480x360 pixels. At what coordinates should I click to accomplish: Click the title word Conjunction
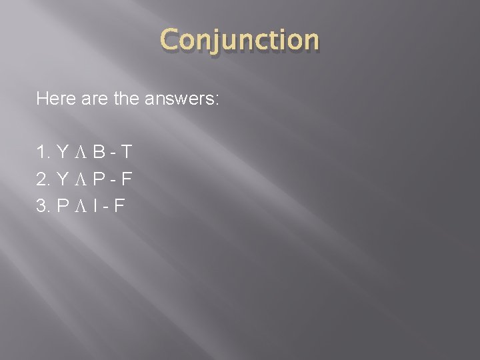[x=240, y=41]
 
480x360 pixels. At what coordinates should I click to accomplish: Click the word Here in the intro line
[x=54, y=100]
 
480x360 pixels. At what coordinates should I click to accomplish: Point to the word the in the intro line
[x=124, y=100]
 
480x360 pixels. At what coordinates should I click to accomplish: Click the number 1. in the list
[x=43, y=154]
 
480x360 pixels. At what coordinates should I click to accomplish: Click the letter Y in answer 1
[x=63, y=154]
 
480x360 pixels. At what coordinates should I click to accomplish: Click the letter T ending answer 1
[x=126, y=154]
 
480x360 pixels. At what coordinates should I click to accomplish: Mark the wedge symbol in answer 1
[x=80, y=155]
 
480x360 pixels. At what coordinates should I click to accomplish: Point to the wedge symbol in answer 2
[x=80, y=179]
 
